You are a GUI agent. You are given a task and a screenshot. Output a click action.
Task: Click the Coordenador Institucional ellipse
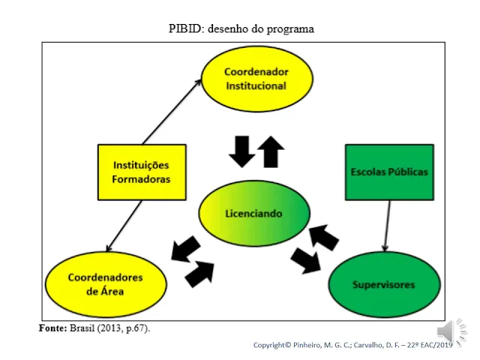(x=257, y=79)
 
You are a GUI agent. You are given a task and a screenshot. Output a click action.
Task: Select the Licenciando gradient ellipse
(x=254, y=213)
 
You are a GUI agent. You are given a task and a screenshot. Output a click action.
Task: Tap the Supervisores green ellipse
(x=384, y=284)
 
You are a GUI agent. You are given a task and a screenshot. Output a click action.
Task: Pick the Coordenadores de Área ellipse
(x=106, y=284)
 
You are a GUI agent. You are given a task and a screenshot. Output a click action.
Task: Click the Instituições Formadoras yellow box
(x=142, y=172)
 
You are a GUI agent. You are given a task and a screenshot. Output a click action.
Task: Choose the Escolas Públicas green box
(x=389, y=172)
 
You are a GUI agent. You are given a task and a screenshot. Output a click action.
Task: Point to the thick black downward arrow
(x=242, y=151)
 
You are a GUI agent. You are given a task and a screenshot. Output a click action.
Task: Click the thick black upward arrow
(x=271, y=151)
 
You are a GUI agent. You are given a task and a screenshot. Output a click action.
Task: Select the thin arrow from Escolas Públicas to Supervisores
(x=388, y=226)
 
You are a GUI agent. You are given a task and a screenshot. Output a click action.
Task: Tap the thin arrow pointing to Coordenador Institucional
(x=172, y=112)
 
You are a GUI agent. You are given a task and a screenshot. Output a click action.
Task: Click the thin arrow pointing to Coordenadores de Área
(x=124, y=226)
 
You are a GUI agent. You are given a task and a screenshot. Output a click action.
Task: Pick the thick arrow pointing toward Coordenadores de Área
(x=185, y=249)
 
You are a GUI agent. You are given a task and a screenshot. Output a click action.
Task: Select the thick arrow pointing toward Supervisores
(x=306, y=261)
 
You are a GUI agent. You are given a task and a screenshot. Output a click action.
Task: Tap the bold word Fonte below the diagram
(x=52, y=328)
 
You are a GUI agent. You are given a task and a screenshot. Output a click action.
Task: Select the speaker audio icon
(x=451, y=332)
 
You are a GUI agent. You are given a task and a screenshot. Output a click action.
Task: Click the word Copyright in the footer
(x=269, y=345)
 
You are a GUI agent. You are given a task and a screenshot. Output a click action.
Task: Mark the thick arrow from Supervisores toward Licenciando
(x=324, y=238)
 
